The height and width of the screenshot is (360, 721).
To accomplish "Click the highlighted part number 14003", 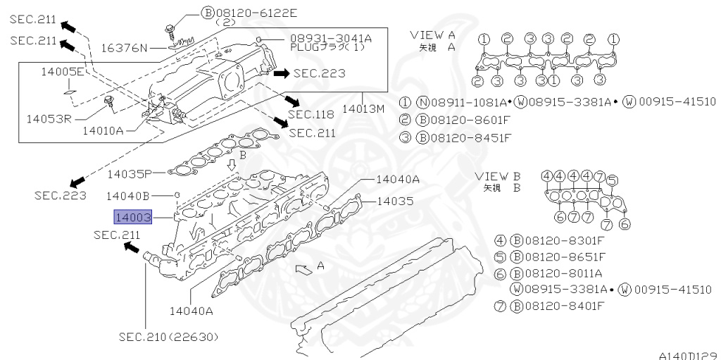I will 133,218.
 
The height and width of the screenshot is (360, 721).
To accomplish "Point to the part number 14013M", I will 363,109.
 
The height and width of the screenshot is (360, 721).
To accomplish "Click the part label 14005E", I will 62,72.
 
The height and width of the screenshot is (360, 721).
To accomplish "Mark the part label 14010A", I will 103,130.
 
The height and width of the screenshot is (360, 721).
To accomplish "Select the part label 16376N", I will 124,48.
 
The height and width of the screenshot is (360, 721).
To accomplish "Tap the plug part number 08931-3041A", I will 330,37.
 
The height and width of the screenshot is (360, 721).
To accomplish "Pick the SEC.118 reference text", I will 311,114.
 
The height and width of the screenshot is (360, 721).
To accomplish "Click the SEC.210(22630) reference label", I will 169,336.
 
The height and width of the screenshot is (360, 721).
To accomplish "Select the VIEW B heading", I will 497,175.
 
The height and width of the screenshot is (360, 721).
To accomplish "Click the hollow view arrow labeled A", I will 303,268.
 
